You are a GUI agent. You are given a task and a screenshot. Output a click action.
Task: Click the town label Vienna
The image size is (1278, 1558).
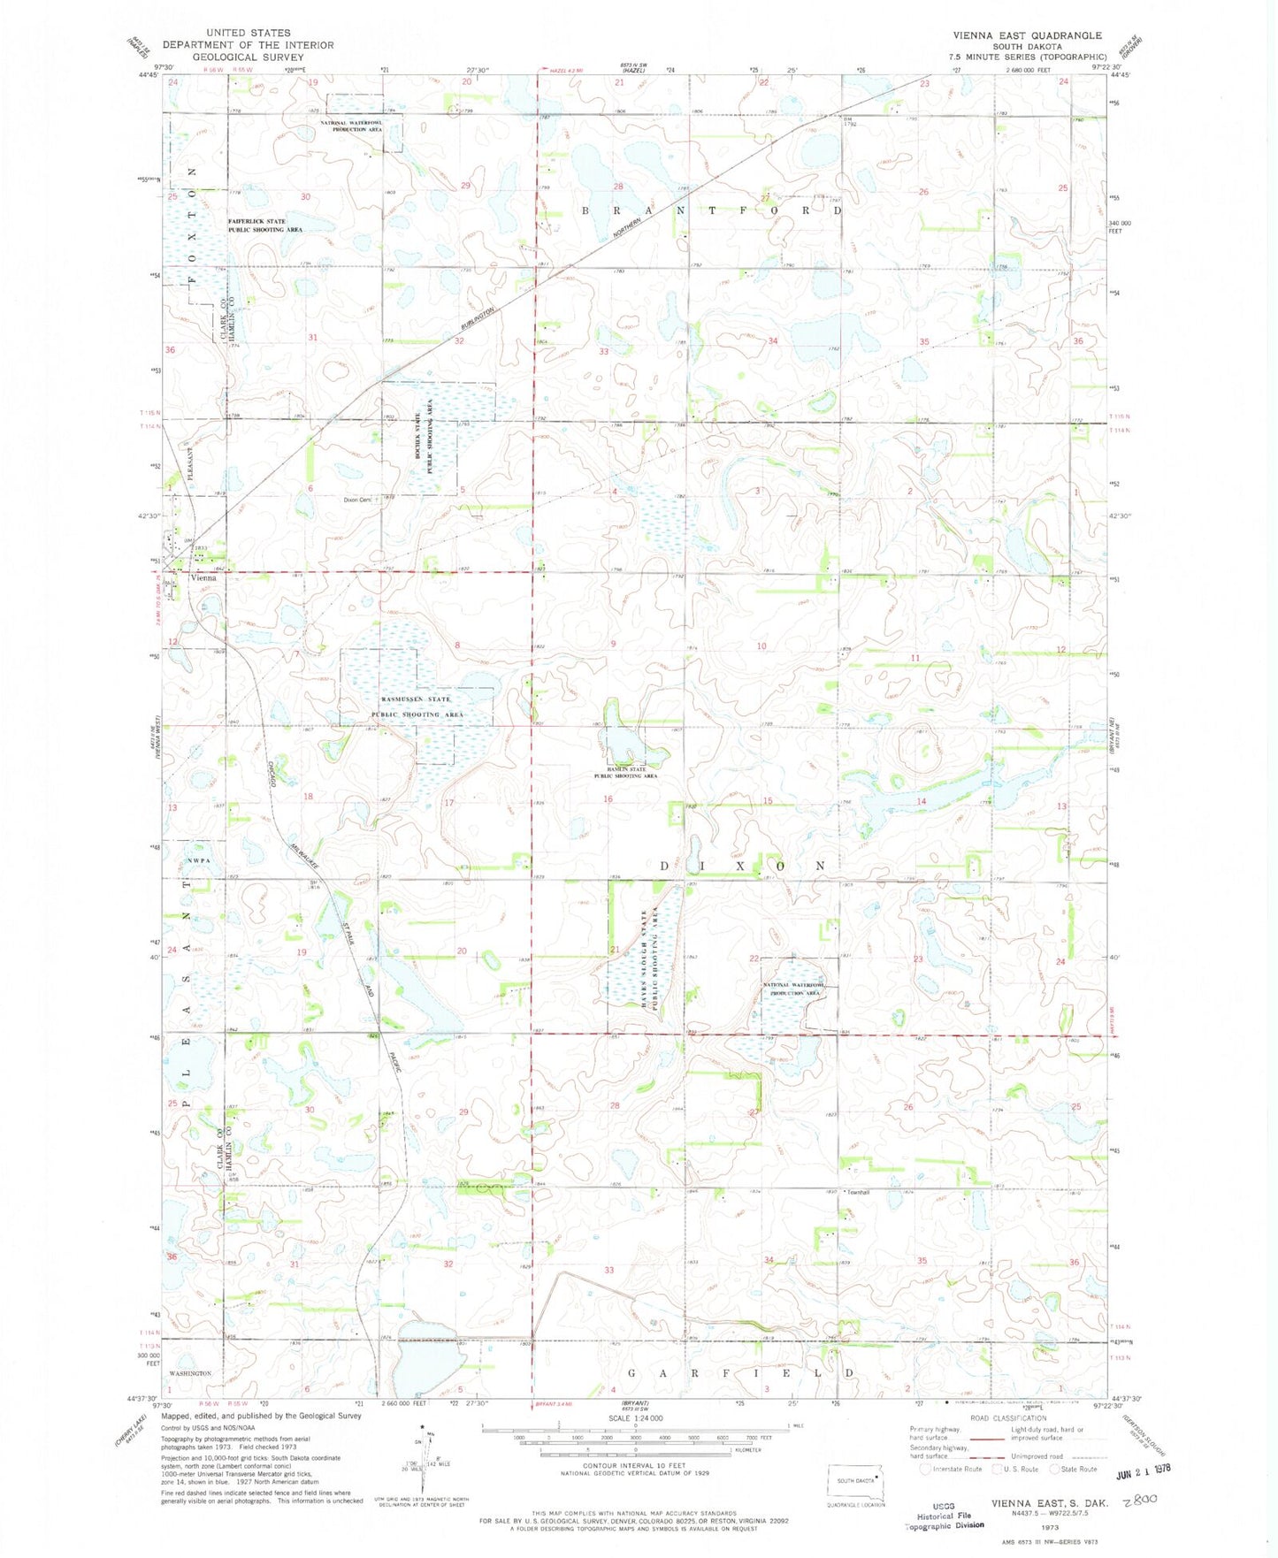coord(203,577)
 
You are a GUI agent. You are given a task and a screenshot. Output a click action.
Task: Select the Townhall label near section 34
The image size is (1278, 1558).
coord(857,1193)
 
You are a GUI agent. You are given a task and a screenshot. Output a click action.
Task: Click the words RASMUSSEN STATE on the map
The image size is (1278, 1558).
coord(410,699)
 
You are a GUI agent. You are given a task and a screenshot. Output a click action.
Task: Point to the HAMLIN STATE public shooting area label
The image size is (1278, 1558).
coord(624,769)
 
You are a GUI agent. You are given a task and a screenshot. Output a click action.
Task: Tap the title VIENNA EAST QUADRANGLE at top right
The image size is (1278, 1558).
coord(1027,35)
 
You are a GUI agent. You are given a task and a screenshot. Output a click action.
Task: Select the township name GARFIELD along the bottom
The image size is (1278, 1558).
coord(739,1373)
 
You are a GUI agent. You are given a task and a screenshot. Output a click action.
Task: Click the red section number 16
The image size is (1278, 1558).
coord(608,799)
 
